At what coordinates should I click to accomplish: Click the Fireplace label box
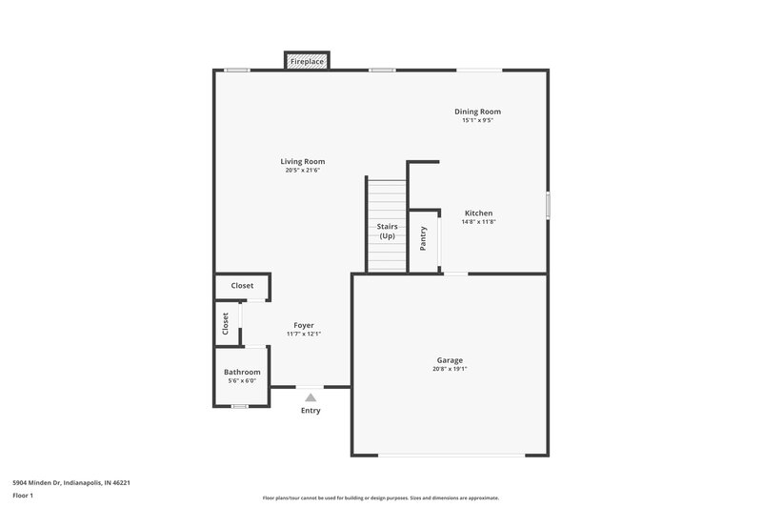click(307, 62)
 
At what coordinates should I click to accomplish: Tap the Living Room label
click(302, 161)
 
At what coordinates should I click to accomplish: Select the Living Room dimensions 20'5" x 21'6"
click(302, 171)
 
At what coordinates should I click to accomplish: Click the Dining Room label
click(477, 112)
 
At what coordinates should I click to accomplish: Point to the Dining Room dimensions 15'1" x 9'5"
click(477, 121)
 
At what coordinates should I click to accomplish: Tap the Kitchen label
click(478, 213)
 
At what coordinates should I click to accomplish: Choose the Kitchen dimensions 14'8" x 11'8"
click(478, 222)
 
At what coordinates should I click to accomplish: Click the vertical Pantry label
click(424, 238)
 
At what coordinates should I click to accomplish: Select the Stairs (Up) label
click(388, 231)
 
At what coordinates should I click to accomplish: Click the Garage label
click(450, 360)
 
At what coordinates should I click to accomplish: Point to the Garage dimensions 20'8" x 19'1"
click(450, 370)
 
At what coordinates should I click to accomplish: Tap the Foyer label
click(304, 325)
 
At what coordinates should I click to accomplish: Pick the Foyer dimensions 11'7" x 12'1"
click(304, 335)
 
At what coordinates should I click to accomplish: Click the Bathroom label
click(242, 372)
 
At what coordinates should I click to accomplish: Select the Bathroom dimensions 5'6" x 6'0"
click(242, 381)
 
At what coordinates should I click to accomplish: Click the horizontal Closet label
click(242, 286)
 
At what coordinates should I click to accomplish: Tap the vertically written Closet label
click(226, 323)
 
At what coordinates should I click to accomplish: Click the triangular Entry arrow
click(311, 396)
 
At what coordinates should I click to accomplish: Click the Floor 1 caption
click(23, 497)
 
